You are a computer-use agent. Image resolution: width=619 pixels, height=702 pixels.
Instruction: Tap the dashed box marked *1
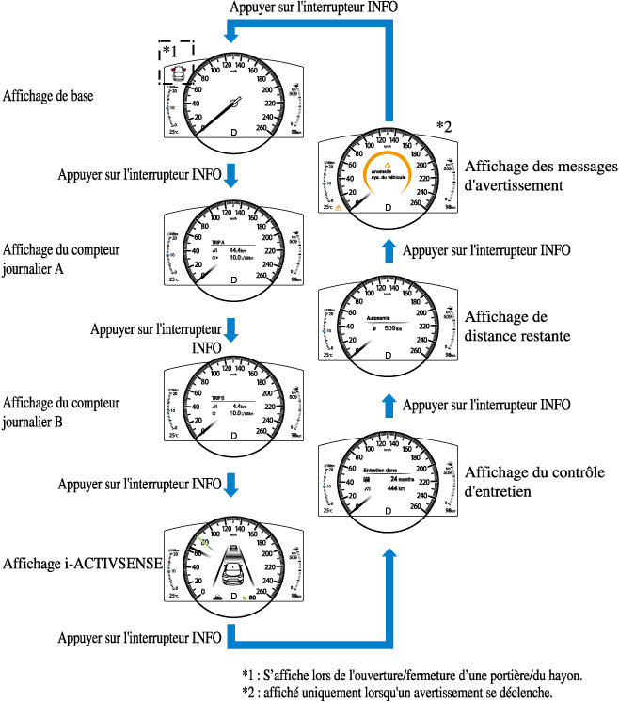176,63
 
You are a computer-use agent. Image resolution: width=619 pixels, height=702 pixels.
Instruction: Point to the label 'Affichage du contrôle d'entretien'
527,481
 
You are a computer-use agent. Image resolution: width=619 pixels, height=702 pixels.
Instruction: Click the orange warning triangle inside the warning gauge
387,166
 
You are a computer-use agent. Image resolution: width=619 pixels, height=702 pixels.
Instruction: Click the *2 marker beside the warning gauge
445,127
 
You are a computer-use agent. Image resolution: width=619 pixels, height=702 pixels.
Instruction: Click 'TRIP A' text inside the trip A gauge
218,242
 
